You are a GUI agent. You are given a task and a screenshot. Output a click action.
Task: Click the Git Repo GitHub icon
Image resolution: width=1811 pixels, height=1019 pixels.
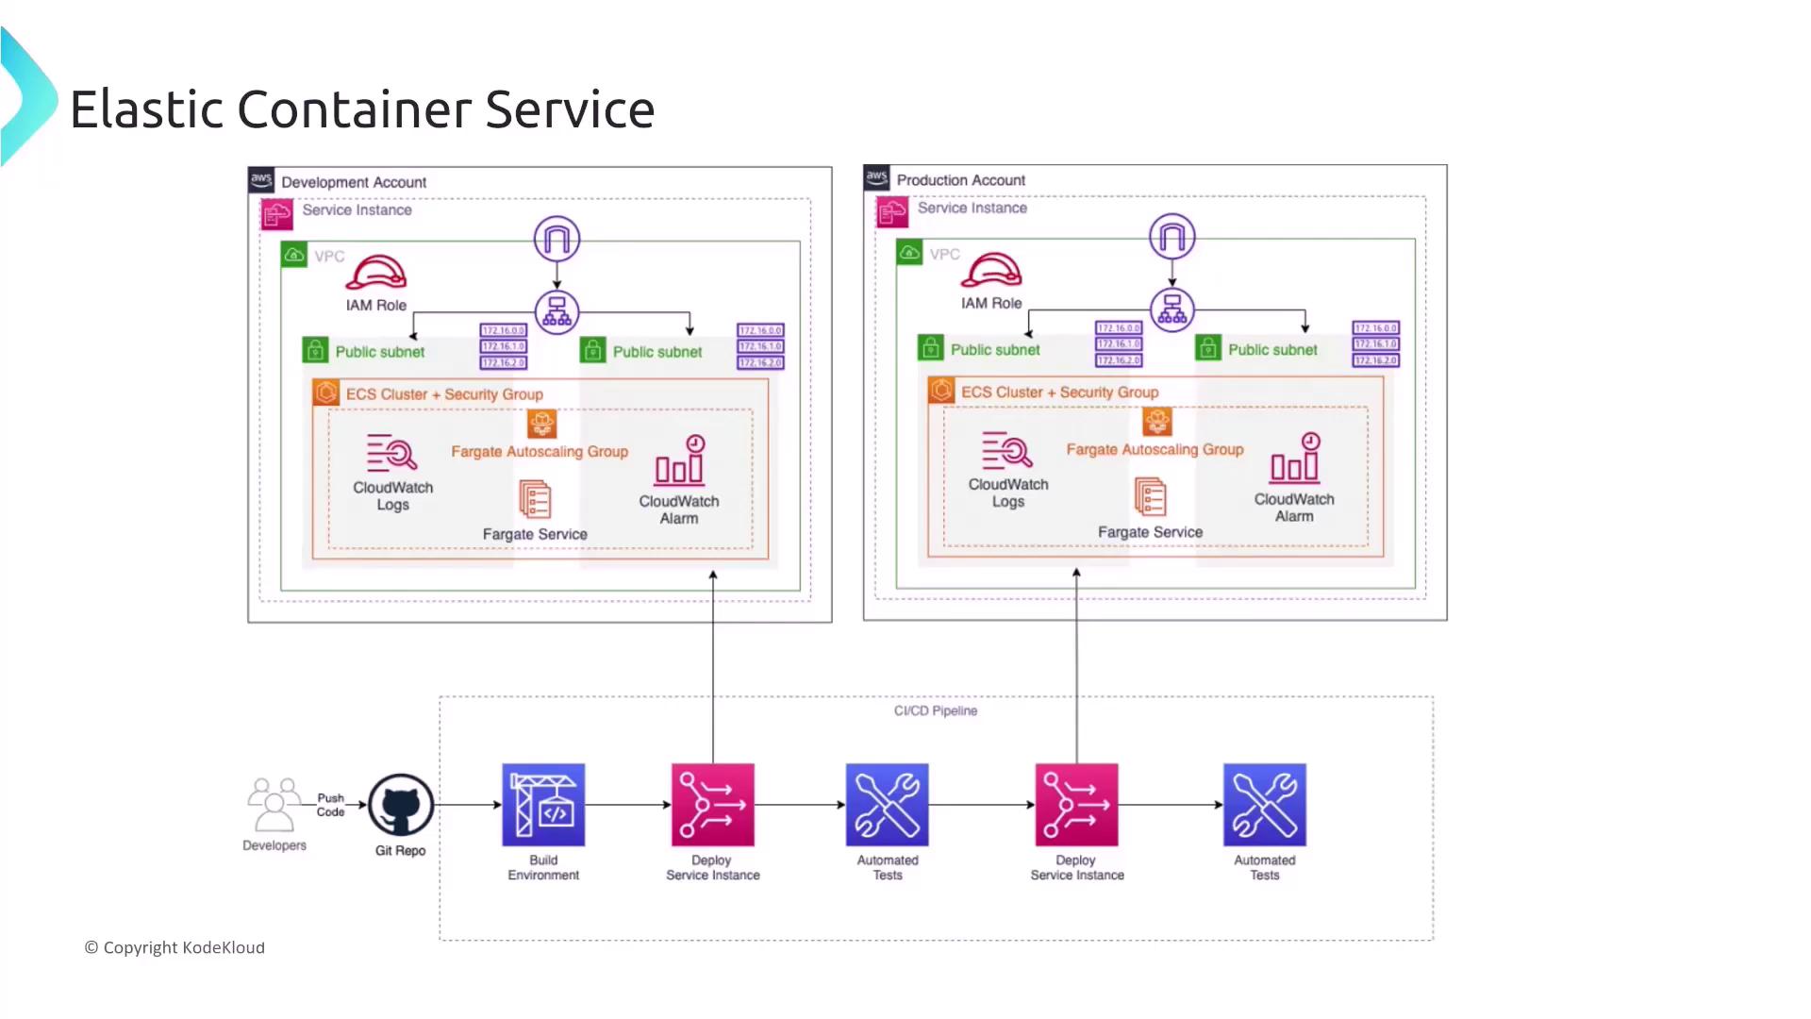point(401,805)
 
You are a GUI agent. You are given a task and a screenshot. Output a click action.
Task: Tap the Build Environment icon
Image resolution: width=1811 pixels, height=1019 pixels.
point(543,805)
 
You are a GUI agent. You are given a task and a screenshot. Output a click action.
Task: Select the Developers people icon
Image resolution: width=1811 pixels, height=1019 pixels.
point(274,804)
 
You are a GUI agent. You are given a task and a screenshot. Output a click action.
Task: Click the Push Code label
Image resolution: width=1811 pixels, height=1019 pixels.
point(330,805)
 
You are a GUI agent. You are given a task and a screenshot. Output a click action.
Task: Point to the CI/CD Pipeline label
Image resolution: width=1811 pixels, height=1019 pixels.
point(935,710)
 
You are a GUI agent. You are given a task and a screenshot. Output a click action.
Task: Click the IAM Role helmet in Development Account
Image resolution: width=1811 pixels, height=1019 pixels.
point(375,273)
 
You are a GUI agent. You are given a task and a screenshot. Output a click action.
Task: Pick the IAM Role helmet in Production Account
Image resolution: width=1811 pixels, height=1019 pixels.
point(990,270)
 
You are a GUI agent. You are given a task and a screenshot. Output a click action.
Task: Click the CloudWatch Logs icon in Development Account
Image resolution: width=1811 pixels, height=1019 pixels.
point(391,453)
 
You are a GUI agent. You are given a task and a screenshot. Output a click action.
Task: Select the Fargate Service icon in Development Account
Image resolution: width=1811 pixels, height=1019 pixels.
point(535,499)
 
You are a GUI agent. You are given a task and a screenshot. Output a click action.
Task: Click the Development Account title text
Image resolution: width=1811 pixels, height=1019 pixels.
point(354,182)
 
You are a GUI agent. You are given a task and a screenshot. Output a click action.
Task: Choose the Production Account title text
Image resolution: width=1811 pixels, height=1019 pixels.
point(960,180)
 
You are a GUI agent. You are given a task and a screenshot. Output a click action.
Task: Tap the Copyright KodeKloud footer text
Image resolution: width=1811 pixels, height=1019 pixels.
point(175,947)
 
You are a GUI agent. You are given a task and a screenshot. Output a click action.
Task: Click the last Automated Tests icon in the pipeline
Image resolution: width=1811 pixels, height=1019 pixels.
point(1264,805)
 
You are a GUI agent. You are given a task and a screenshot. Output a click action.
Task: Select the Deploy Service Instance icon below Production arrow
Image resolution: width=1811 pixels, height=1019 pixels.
point(1076,805)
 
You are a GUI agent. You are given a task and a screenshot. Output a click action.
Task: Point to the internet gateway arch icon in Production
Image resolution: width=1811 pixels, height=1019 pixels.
point(1171,236)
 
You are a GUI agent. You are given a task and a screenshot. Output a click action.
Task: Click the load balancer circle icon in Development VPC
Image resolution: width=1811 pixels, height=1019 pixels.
point(557,312)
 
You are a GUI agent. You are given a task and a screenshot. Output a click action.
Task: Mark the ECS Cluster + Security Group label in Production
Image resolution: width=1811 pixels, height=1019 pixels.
point(1059,393)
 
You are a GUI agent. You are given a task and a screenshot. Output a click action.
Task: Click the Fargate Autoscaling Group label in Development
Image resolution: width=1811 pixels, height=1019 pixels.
point(540,452)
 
